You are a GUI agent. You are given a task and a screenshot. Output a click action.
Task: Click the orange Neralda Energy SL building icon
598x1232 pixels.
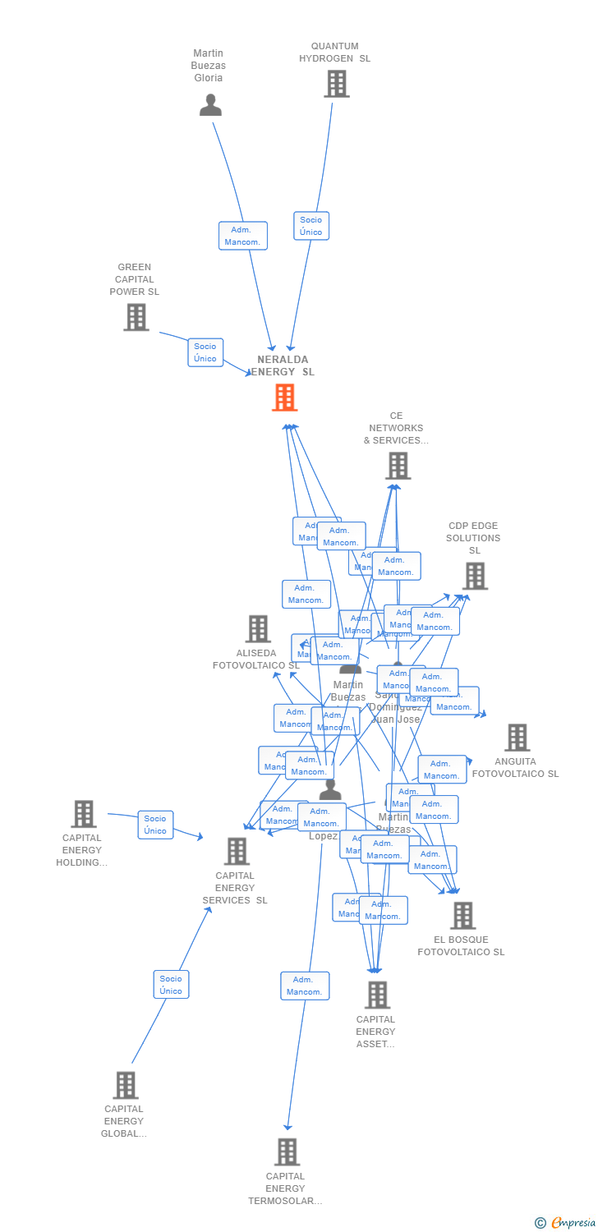tap(284, 398)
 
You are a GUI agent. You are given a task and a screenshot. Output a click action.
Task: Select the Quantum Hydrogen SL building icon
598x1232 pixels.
tap(336, 84)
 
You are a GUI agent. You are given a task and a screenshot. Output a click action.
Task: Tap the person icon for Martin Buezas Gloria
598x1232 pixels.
tap(210, 105)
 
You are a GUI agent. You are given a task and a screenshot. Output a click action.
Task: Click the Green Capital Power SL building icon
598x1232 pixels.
tap(136, 317)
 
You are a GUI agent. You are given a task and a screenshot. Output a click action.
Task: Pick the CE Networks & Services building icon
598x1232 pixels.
tap(398, 466)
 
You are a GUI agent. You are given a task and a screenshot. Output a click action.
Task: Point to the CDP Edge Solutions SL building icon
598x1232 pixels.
tap(475, 576)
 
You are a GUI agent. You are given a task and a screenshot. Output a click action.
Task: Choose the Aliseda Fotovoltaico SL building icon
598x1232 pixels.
tap(258, 629)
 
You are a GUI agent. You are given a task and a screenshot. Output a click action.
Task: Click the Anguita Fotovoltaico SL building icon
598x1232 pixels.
tap(517, 738)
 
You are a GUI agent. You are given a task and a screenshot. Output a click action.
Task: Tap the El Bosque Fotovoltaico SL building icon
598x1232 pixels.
tap(462, 916)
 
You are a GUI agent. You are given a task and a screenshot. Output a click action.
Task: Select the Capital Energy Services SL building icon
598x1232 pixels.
tap(237, 852)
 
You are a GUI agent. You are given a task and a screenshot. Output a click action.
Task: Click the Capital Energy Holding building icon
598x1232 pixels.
tap(83, 814)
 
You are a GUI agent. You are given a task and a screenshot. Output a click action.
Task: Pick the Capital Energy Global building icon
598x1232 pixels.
tap(125, 1085)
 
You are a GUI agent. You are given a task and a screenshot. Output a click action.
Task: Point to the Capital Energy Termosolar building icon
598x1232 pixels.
tap(286, 1152)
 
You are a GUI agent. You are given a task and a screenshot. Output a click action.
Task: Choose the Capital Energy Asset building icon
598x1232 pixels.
tap(376, 995)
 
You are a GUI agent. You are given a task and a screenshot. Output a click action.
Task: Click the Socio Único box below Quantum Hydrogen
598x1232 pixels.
tap(311, 226)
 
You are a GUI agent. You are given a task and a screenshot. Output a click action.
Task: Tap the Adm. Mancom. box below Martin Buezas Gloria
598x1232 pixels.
tap(243, 236)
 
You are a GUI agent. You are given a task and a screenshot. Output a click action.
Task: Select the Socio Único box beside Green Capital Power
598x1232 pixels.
tap(205, 352)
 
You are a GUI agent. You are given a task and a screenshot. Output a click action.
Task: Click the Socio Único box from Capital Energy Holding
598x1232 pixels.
tap(155, 825)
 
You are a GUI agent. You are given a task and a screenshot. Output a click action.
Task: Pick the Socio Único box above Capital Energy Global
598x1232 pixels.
tap(171, 985)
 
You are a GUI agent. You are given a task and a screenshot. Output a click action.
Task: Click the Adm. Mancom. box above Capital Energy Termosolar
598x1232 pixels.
tap(305, 986)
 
